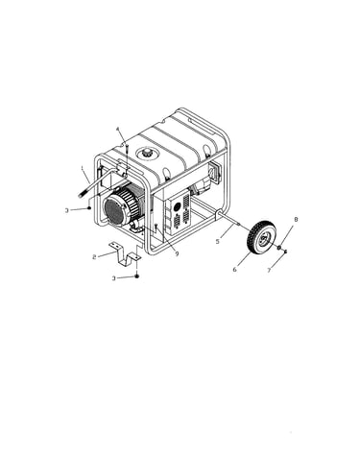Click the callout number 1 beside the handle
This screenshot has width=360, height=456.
coord(83,167)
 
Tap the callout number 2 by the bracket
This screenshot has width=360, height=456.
coord(94,257)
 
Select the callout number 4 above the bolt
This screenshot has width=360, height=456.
coord(117,129)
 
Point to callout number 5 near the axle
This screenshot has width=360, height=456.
coord(218,241)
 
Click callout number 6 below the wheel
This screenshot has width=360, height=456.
coord(235,270)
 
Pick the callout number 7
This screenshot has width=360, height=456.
coord(269,271)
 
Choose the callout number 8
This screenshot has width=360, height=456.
coord(296,220)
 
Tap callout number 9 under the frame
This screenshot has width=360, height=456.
coord(177,253)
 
